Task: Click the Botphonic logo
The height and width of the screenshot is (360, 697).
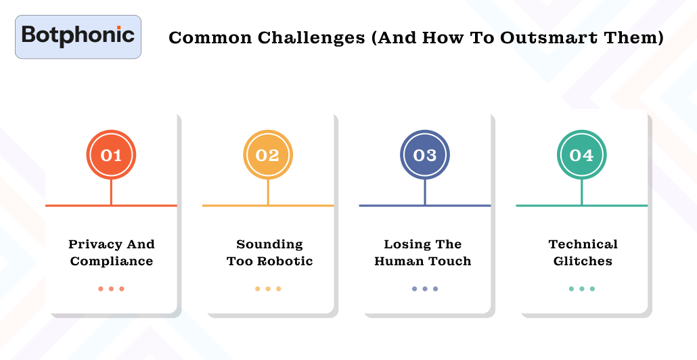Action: click(78, 36)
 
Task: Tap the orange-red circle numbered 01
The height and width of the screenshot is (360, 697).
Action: click(111, 155)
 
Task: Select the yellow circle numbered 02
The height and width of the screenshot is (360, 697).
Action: click(268, 155)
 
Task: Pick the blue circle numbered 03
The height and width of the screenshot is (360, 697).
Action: click(425, 155)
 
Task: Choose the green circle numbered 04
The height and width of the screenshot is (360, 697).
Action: click(581, 155)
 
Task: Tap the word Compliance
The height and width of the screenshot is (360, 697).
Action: click(112, 261)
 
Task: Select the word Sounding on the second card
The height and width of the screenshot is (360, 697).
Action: click(269, 244)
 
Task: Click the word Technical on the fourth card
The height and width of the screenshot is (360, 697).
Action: click(583, 244)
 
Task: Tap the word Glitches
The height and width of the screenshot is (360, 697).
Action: click(583, 261)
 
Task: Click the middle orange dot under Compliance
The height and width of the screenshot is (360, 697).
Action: click(111, 289)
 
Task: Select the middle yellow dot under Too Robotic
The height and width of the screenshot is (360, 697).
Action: click(268, 289)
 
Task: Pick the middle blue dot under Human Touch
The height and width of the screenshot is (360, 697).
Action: click(425, 289)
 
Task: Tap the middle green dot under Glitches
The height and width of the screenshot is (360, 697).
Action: click(581, 289)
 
